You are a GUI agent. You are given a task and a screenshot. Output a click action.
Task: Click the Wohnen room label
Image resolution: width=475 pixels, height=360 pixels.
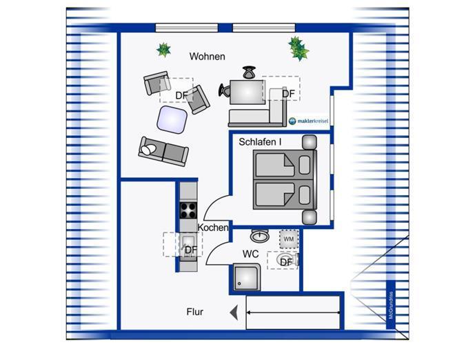coord(208,57)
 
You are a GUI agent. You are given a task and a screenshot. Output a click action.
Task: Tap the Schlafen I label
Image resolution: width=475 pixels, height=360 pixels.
coord(260,142)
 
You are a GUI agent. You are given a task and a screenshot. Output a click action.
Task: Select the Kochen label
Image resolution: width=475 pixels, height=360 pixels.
coord(213,228)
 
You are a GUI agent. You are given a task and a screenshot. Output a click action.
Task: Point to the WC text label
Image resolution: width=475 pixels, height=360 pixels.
coord(250,254)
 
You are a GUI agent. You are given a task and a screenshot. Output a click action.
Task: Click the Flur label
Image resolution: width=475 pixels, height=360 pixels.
coord(195,312)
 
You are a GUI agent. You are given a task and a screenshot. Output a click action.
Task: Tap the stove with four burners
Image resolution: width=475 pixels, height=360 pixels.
coord(188,210)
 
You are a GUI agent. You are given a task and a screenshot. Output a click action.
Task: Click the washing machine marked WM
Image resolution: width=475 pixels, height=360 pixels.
coord(289,239)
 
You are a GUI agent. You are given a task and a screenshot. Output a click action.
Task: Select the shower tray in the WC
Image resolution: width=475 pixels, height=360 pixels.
coord(247,277)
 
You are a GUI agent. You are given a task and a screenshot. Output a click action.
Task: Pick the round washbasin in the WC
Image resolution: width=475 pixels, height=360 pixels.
coord(259,235)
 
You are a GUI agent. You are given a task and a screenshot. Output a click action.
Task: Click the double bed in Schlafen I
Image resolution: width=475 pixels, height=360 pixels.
coord(285,180)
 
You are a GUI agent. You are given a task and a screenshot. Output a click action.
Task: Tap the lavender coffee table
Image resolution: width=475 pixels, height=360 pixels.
coord(172,120)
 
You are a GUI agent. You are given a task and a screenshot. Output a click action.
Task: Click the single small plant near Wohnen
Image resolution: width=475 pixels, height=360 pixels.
coord(163,50)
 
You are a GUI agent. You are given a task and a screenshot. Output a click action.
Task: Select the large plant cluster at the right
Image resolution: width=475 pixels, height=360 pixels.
coord(299,48)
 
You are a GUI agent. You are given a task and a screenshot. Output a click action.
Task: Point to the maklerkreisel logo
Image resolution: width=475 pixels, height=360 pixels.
coord(308,121)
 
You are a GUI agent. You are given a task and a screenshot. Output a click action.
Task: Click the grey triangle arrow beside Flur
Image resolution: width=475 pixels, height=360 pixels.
coord(234,312)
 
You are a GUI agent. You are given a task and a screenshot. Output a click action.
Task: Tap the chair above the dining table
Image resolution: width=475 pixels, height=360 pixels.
coord(249,72)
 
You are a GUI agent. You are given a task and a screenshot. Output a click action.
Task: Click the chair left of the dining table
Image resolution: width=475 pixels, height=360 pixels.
coord(225,90)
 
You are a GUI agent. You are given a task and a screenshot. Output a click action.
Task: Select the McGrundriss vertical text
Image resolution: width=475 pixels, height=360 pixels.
coord(391,305)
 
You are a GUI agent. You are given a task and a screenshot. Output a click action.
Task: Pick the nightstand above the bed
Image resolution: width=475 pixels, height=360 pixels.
coord(310,143)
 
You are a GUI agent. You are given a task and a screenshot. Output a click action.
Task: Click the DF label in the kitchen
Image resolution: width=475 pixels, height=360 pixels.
coord(191,250)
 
